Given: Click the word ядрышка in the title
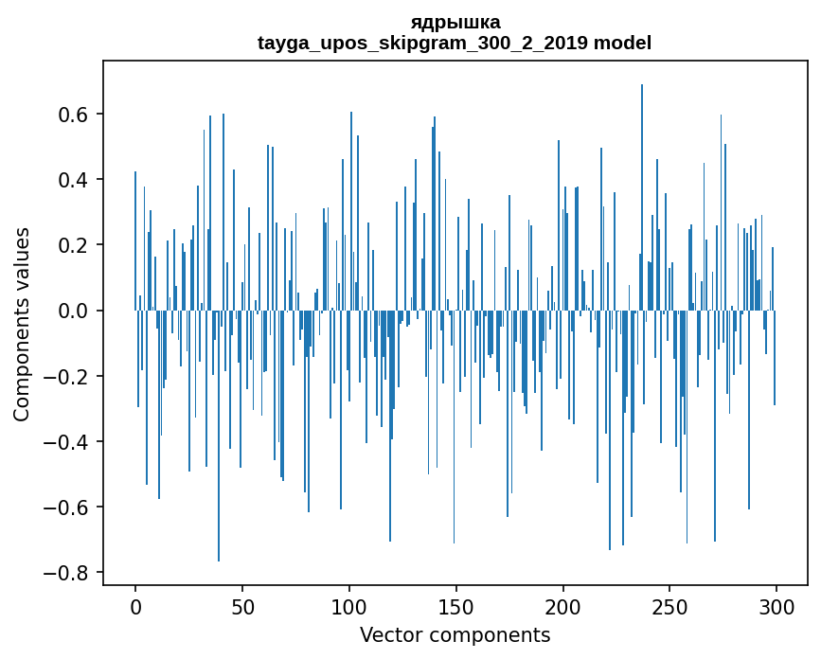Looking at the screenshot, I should (x=455, y=22).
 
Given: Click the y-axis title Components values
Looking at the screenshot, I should (x=21, y=324).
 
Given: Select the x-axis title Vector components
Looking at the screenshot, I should (x=455, y=634).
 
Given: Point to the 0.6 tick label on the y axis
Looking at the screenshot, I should (x=73, y=115).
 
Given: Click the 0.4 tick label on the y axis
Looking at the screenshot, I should (x=73, y=180).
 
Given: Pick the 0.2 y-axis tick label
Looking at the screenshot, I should (x=73, y=245).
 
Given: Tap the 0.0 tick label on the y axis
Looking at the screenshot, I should (x=73, y=311).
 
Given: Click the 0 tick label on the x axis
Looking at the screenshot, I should (x=135, y=607).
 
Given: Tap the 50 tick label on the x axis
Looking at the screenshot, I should (x=242, y=607).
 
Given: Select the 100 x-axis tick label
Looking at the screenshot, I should (x=349, y=607).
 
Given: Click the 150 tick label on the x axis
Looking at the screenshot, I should (x=456, y=607).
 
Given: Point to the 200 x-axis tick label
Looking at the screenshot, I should (x=563, y=607).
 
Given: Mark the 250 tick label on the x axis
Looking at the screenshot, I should (x=670, y=607).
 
